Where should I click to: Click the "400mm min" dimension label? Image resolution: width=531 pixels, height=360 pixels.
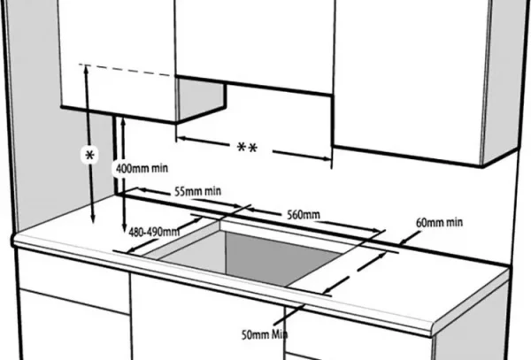click(142, 168)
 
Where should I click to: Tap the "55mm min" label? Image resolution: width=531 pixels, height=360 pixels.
click(197, 192)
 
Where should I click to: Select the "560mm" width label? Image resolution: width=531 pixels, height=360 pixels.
click(304, 215)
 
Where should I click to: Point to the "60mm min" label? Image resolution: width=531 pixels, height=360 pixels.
click(439, 222)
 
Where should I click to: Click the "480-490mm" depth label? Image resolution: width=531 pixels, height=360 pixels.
click(154, 232)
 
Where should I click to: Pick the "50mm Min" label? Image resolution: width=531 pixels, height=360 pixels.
click(265, 334)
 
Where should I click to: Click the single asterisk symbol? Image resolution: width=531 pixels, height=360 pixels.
click(89, 156)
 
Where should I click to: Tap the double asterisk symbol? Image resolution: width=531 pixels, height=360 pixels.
click(247, 148)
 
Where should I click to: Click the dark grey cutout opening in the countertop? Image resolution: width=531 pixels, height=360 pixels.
click(283, 257)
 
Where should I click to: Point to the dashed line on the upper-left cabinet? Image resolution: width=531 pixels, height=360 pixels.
click(127, 70)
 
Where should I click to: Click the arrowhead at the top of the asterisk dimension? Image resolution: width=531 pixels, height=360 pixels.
click(87, 69)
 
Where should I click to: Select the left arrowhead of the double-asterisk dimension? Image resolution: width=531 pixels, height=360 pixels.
click(181, 138)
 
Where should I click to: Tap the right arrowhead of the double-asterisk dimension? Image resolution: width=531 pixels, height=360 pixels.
click(327, 158)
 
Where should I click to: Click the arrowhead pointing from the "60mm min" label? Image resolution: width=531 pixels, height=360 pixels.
click(403, 241)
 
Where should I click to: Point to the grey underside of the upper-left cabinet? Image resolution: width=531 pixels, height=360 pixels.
click(201, 99)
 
